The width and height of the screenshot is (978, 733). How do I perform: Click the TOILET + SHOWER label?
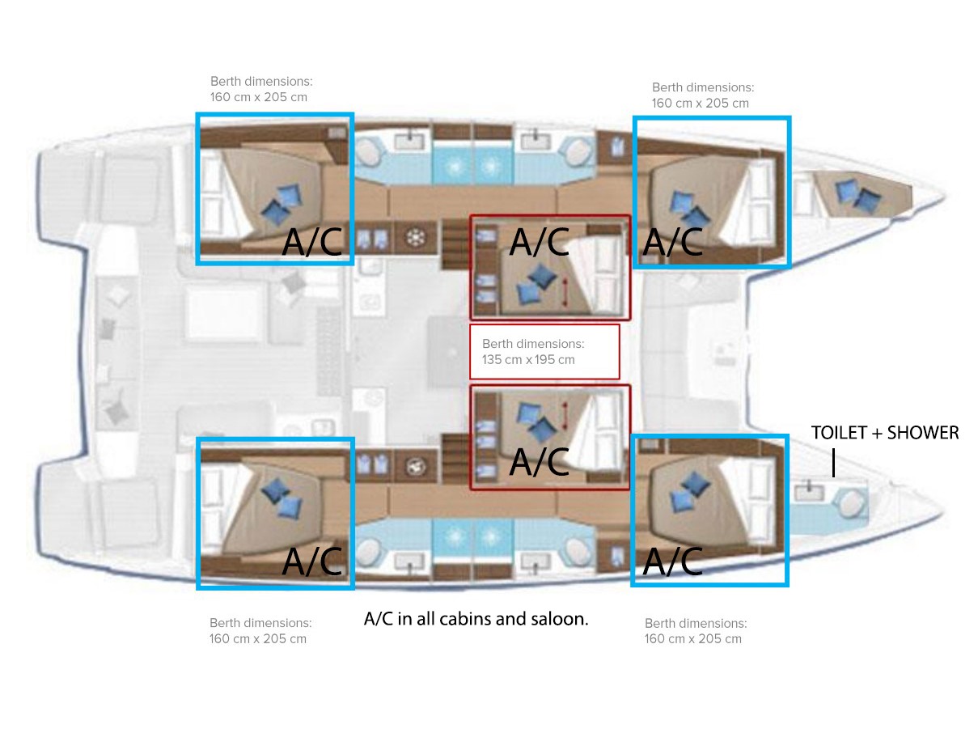point(884,433)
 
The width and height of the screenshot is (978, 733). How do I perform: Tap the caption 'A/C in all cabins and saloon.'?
point(476,619)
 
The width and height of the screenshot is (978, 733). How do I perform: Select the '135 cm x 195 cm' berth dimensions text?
point(528,359)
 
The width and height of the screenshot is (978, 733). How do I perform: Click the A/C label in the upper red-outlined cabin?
point(539,242)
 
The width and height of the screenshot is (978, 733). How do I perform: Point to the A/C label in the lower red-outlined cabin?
point(539,462)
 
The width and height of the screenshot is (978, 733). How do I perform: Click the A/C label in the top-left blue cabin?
point(312,242)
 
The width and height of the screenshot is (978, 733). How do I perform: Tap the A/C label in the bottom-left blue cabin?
point(312,561)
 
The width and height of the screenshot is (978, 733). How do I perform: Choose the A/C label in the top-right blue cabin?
point(673,242)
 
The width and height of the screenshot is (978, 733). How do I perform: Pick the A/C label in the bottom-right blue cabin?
point(673,561)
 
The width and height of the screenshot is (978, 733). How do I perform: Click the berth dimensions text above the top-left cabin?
point(261,89)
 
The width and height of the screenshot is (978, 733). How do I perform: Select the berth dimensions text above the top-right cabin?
point(703,95)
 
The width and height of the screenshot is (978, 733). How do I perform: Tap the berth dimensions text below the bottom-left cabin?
point(260,630)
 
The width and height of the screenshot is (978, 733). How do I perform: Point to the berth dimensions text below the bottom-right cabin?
point(696,631)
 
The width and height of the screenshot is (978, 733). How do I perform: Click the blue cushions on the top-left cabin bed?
point(282,203)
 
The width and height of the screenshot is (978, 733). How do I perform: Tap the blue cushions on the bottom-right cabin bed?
point(690,492)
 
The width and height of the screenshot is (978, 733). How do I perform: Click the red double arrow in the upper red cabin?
point(565,292)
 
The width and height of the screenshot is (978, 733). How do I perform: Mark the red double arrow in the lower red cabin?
point(565,416)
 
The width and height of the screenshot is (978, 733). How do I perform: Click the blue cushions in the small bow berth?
point(857,195)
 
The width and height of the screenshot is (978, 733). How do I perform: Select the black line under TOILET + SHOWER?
point(833,463)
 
